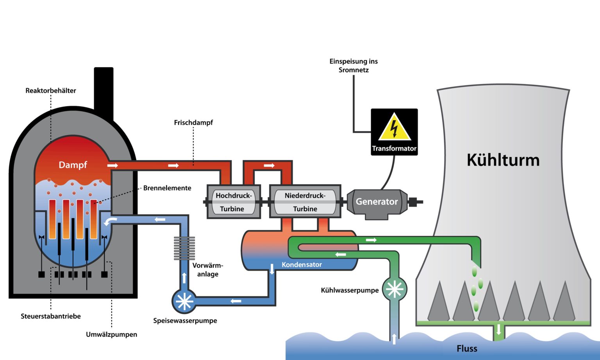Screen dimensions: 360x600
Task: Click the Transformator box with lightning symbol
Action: coord(394,132)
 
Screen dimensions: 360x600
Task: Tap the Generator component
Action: coord(377,202)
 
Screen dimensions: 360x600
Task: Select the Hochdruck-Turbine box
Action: coord(234,202)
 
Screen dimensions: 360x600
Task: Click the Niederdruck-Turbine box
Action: coord(305,202)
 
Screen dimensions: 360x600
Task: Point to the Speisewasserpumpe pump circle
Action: coord(184,301)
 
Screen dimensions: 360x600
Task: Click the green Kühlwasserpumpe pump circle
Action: coord(394,289)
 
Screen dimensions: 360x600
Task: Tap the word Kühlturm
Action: coord(503,160)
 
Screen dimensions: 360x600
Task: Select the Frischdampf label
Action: coord(193,123)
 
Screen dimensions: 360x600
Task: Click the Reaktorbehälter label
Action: coord(51,91)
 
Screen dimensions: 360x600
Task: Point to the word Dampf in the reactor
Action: coord(73,165)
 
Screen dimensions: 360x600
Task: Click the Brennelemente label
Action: coord(167,188)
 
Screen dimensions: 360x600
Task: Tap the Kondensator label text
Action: coord(302,265)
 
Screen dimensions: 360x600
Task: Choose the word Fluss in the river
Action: coord(467,348)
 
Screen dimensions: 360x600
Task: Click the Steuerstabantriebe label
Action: coord(51,316)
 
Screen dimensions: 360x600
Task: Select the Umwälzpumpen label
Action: coord(111,335)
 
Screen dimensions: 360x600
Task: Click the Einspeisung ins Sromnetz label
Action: coord(354,66)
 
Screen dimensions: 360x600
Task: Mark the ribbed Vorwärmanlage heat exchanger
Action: coord(184,248)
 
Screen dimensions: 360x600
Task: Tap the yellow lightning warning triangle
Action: coord(394,128)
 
